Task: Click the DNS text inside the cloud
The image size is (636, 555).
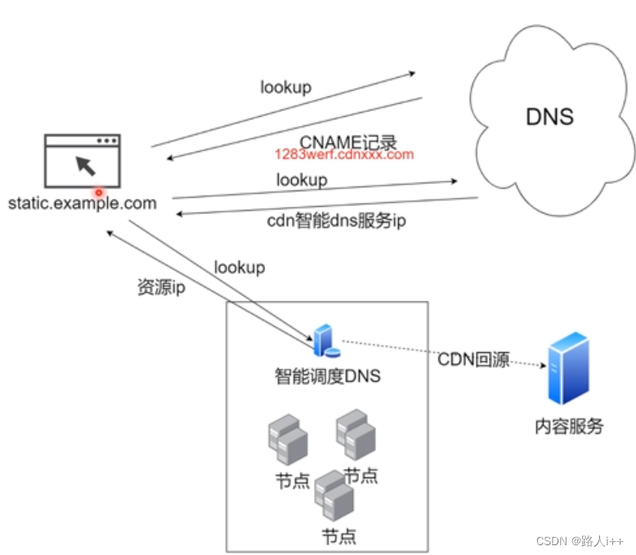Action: coord(549,116)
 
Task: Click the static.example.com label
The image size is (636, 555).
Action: coord(82,203)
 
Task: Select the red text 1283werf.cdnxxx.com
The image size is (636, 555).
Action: coord(343,154)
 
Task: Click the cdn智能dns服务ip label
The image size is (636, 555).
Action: coord(336,221)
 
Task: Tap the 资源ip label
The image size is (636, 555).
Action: coord(161,288)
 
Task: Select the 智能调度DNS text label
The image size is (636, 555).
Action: coord(327,377)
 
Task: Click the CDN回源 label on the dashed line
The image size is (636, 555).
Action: coord(473,360)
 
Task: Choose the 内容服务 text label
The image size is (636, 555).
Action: coord(569,425)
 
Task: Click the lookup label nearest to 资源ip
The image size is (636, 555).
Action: coord(240,267)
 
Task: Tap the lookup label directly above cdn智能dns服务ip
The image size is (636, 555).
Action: coord(302,179)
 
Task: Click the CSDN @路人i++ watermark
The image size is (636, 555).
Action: coord(580,541)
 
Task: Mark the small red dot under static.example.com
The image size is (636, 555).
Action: coord(100,193)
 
